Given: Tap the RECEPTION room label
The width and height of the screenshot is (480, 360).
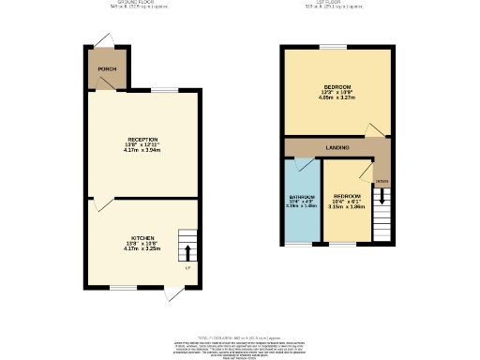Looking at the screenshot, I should tap(142, 139).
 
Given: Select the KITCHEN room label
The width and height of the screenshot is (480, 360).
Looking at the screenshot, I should tap(142, 239).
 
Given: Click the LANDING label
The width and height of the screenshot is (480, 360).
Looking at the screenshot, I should tap(337, 148).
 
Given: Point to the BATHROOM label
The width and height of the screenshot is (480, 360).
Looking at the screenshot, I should tap(302, 197).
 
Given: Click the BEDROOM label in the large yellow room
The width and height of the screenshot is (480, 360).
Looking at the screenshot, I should tap(337, 86).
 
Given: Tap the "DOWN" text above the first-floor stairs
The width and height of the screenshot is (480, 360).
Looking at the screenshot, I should tap(382, 180).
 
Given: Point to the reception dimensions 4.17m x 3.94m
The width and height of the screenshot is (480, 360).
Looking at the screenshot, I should tap(142, 150).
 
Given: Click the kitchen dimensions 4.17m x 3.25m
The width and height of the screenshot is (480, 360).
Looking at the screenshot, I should tap(142, 250).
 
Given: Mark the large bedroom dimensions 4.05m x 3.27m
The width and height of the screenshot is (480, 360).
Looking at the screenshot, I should tap(337, 97).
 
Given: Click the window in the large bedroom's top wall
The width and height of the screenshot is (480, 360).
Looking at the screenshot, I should tap(330, 47).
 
